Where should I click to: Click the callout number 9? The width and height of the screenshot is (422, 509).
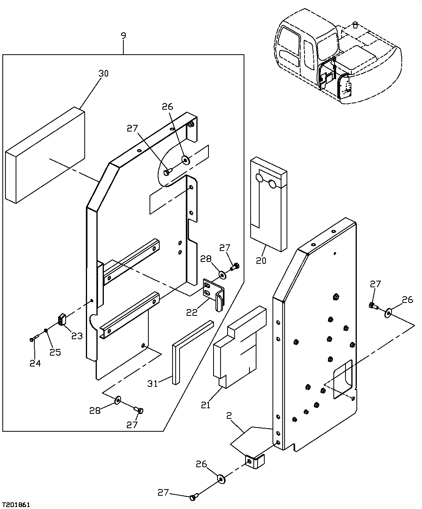(123, 36)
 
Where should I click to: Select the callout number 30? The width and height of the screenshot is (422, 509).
(103, 73)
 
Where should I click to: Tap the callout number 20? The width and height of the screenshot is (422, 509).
(261, 260)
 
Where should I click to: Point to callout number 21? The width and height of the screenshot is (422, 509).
(206, 405)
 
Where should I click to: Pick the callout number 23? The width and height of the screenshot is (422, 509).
(77, 335)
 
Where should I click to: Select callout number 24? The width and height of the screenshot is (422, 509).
(35, 363)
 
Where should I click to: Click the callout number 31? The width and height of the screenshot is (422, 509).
(153, 383)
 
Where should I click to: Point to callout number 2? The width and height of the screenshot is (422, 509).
(229, 416)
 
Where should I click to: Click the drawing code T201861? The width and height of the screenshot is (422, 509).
(17, 504)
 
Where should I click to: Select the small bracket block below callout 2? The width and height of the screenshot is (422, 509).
(254, 462)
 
